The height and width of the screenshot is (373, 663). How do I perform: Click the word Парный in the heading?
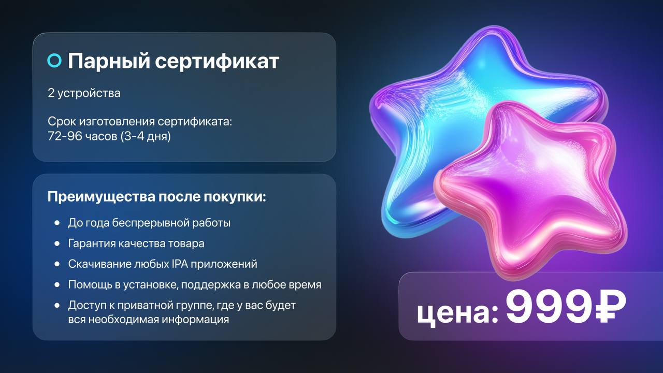(109, 61)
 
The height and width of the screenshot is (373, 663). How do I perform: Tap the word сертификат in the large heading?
(217, 61)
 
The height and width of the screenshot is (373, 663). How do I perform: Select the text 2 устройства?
(84, 93)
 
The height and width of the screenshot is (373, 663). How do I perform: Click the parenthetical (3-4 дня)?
(146, 136)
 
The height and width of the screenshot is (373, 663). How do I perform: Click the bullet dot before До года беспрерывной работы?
(57, 223)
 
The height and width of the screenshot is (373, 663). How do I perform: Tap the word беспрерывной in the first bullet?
(150, 223)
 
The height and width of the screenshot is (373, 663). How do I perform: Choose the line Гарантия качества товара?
(136, 243)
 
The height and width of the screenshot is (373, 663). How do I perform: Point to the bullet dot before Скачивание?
(57, 264)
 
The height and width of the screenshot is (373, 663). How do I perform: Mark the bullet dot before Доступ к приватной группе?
(57, 305)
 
